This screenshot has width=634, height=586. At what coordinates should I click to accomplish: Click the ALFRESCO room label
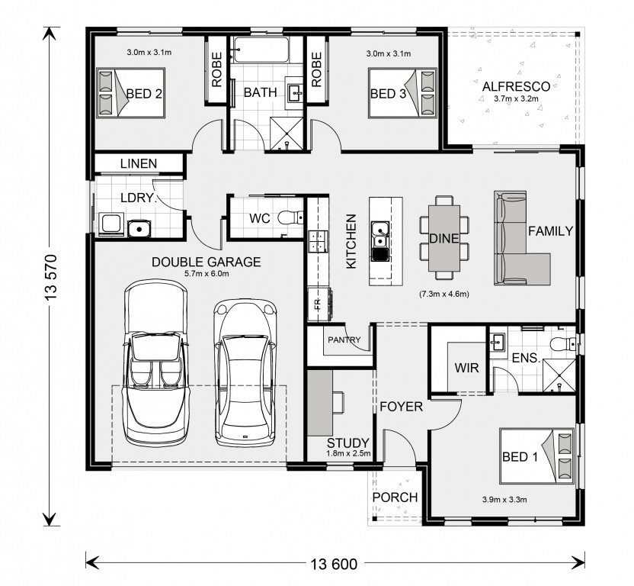tap(516, 87)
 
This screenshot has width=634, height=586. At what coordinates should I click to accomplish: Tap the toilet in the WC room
tap(290, 218)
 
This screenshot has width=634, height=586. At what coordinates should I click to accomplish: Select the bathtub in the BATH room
tap(261, 50)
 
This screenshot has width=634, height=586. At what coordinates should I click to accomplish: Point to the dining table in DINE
tap(444, 238)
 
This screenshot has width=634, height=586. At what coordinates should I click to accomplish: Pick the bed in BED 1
tap(536, 456)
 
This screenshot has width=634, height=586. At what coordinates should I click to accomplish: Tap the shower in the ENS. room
tap(559, 375)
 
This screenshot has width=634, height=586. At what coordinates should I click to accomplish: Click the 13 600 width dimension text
tap(334, 564)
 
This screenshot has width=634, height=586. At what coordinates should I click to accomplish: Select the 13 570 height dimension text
tap(52, 277)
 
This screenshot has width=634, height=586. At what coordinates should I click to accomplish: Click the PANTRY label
tap(344, 340)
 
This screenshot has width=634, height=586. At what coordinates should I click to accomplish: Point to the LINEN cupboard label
tap(139, 163)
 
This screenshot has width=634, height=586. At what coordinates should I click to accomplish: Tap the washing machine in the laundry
tap(110, 224)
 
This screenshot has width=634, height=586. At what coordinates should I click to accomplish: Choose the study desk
tap(320, 403)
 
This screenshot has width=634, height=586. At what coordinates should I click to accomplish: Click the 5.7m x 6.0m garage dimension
tap(207, 273)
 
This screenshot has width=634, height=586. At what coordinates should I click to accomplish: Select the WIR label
tap(466, 368)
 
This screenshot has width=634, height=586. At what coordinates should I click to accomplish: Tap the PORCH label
tap(395, 497)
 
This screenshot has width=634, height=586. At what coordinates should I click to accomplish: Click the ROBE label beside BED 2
tap(216, 69)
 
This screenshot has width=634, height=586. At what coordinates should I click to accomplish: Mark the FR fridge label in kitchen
tap(317, 304)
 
